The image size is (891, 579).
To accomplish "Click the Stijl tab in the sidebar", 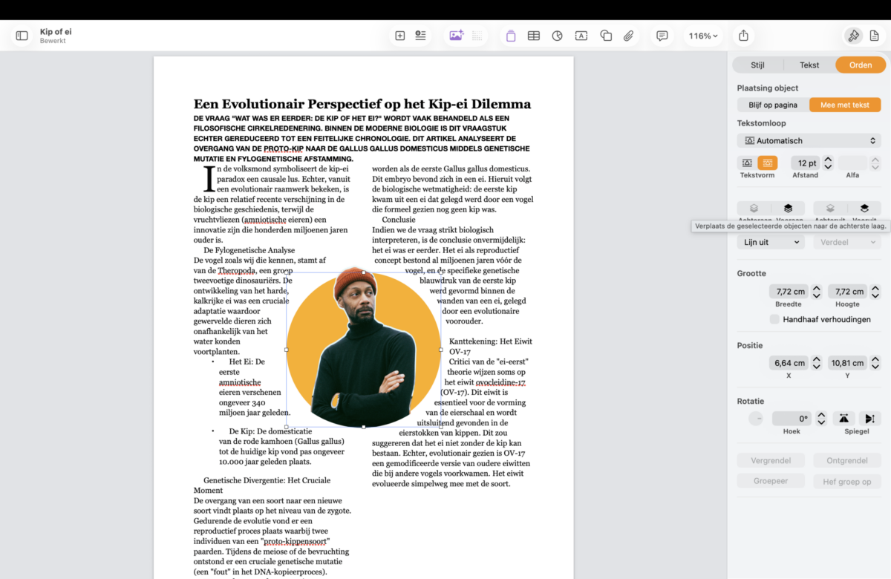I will pyautogui.click(x=757, y=65).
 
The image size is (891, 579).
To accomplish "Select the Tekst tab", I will pyautogui.click(x=809, y=65).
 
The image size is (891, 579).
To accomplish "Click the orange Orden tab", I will pyautogui.click(x=860, y=65).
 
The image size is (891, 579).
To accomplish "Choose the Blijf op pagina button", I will pyautogui.click(x=773, y=105).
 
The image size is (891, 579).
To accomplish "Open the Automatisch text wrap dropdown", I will pyautogui.click(x=809, y=140).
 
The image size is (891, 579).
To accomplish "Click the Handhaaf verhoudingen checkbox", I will pyautogui.click(x=775, y=319).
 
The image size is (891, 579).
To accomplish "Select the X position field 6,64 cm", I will pyautogui.click(x=789, y=363).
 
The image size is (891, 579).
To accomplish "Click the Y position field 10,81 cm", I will pyautogui.click(x=846, y=363).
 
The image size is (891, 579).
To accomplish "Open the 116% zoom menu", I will pyautogui.click(x=702, y=36).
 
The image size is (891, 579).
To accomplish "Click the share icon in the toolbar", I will pyautogui.click(x=743, y=36).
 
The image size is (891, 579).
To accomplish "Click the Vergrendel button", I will pyautogui.click(x=770, y=460).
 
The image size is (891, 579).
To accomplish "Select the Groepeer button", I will pyautogui.click(x=770, y=481).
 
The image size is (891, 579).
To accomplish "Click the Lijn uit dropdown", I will pyautogui.click(x=770, y=242).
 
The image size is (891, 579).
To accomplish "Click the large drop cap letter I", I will pyautogui.click(x=209, y=179).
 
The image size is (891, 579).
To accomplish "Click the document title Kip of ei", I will pyautogui.click(x=56, y=32).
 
